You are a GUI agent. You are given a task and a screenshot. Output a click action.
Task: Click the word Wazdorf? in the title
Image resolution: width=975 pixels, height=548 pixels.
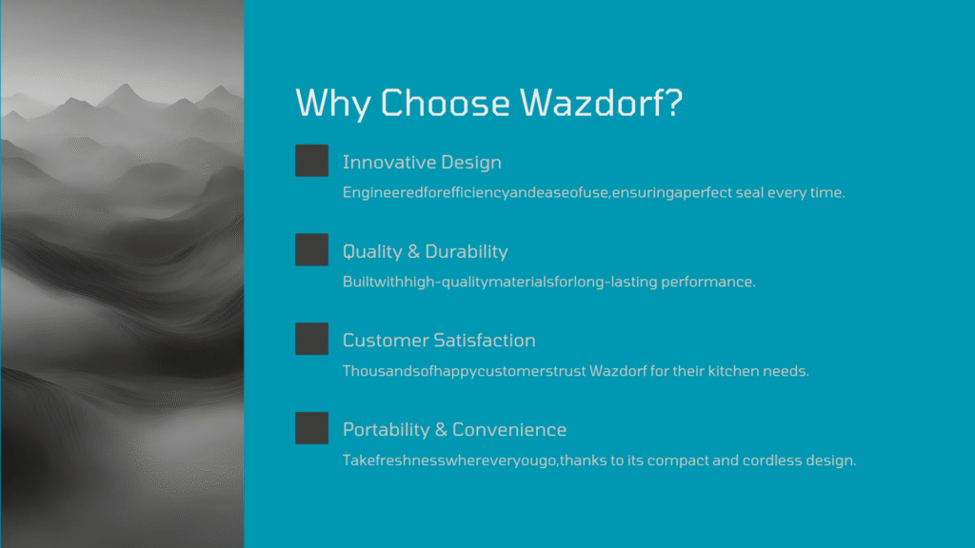[x=602, y=103]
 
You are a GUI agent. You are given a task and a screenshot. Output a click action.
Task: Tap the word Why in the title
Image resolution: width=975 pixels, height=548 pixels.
[x=332, y=104]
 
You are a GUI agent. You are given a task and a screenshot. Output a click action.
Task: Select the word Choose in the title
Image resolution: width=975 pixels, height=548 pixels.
[x=445, y=103]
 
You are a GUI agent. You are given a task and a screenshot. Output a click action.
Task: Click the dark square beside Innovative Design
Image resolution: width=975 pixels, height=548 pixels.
[x=311, y=160]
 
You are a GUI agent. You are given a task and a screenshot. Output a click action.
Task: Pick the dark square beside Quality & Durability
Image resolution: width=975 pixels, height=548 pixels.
[x=311, y=250]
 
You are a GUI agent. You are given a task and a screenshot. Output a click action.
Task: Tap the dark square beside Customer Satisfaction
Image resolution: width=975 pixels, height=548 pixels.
[x=311, y=339]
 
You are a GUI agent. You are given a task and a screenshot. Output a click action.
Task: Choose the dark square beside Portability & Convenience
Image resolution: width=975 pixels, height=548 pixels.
[x=311, y=428]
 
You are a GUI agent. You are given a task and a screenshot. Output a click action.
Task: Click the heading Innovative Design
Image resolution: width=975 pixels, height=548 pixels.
[x=422, y=163]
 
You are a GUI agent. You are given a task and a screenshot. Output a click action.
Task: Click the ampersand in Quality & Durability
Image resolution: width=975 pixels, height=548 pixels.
[x=413, y=251]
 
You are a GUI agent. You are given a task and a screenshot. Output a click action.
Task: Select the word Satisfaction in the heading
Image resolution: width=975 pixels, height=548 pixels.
[x=485, y=341]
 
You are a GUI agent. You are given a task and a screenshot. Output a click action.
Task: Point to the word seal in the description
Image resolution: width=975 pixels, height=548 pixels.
[x=749, y=192]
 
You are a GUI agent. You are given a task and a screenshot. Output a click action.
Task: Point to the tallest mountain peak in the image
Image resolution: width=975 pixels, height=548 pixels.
[x=125, y=85]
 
